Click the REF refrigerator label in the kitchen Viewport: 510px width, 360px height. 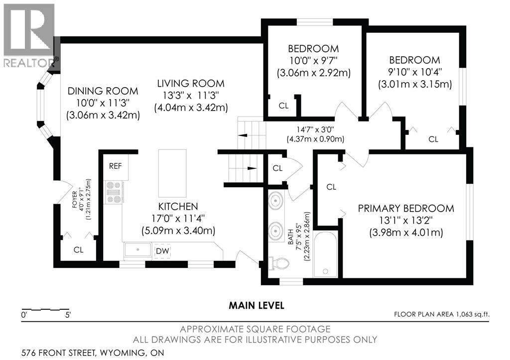[116, 166]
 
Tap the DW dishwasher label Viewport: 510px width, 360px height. [162, 251]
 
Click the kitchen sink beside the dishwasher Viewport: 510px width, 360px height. [138, 250]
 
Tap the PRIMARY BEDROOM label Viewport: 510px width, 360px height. [406, 208]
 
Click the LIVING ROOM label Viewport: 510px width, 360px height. [191, 84]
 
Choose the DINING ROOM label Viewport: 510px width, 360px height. [103, 91]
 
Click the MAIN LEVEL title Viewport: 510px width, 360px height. [256, 305]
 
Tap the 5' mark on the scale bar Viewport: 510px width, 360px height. [67, 315]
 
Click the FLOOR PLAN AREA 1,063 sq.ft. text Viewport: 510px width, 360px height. [442, 314]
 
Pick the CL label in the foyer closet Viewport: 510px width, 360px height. [79, 249]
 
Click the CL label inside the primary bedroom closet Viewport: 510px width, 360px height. [331, 187]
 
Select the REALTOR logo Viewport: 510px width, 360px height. [29, 35]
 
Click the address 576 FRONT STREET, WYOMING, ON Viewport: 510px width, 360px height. [93, 353]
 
